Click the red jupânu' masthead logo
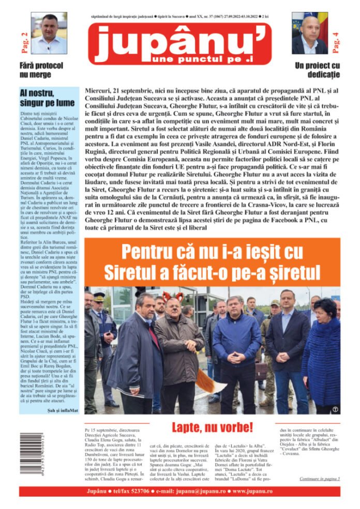(x=179, y=42)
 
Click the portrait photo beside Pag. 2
(x=49, y=33)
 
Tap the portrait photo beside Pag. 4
(x=310, y=33)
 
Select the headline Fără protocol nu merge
(x=41, y=70)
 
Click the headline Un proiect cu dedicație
(x=318, y=70)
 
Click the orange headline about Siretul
(x=212, y=263)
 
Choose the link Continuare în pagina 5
(x=320, y=479)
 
